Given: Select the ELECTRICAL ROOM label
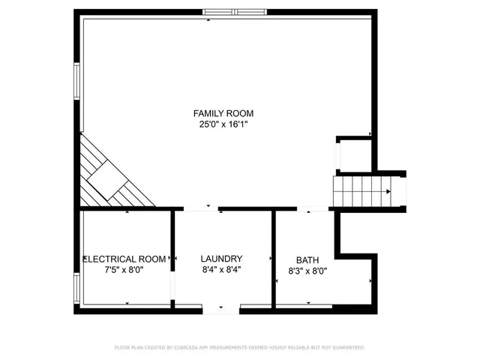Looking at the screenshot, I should pyautogui.click(x=124, y=259).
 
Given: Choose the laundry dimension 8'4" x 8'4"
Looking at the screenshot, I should pyautogui.click(x=221, y=269).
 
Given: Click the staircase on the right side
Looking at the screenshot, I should pyautogui.click(x=361, y=191).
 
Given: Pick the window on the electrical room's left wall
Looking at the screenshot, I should pyautogui.click(x=76, y=289).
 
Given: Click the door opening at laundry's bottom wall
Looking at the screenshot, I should pyautogui.click(x=221, y=308).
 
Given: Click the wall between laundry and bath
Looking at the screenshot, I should pyautogui.click(x=274, y=259).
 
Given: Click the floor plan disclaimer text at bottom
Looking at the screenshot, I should pyautogui.click(x=239, y=348).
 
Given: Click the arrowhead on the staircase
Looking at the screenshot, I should pyautogui.click(x=388, y=191).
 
